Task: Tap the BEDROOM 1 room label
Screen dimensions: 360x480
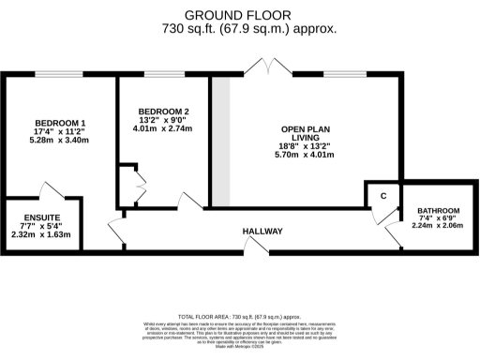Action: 61,123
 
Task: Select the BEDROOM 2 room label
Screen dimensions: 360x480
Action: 157,111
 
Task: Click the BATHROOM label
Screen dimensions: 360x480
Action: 439,211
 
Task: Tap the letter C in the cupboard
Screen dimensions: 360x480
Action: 383,195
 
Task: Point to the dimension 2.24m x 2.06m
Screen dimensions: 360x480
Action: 439,225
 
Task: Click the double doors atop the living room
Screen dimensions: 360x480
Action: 265,67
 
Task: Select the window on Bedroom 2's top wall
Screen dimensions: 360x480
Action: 163,75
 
